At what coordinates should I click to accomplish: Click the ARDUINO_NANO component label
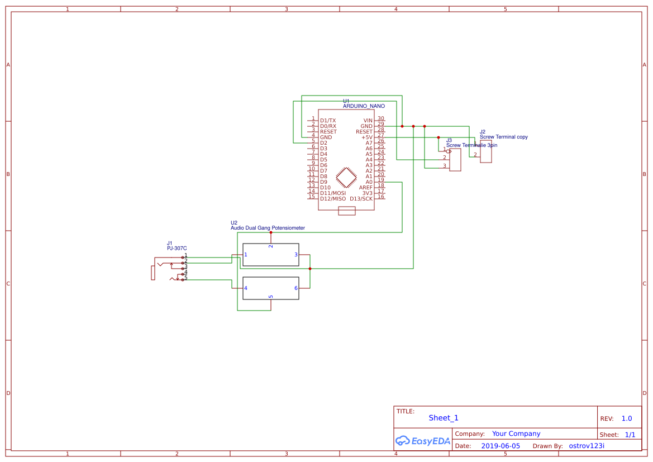point(364,106)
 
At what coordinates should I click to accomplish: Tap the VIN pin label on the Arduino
point(368,121)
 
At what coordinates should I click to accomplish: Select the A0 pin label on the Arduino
point(369,182)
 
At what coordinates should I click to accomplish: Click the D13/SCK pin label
point(361,199)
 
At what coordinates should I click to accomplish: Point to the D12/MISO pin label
point(333,199)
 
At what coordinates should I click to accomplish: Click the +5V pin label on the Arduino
point(366,137)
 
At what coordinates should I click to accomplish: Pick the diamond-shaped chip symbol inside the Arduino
point(346,178)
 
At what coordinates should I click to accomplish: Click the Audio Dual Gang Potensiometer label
point(268,228)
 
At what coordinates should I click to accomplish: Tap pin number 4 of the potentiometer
point(246,288)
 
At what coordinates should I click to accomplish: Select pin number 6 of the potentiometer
point(295,288)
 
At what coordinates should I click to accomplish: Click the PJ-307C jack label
point(177,249)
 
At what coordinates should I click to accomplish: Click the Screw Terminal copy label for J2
point(503,137)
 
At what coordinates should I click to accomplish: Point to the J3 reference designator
point(449,140)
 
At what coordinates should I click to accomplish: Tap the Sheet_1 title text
point(444,418)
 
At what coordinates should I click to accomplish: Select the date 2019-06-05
point(501,446)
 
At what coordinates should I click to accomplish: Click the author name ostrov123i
point(587,446)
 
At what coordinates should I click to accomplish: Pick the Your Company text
point(516,434)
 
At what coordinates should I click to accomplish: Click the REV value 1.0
point(627,418)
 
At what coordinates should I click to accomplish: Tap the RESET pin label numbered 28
point(364,132)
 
